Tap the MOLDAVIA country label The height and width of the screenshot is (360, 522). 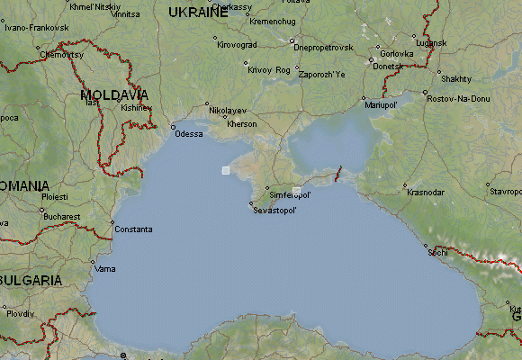(113, 94)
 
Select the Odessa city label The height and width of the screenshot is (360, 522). (189, 134)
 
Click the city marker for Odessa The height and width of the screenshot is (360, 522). (173, 127)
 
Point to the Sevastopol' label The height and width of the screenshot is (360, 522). (275, 210)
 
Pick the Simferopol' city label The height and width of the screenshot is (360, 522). (291, 194)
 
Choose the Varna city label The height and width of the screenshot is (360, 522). (105, 269)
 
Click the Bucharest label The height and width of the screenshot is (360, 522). (60, 217)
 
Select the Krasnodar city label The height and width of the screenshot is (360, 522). (426, 192)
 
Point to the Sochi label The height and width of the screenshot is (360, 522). (438, 253)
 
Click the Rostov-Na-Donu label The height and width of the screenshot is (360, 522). (458, 97)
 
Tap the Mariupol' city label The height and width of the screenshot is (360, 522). (381, 105)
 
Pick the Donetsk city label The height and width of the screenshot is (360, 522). (389, 67)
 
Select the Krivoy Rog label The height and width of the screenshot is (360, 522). (269, 69)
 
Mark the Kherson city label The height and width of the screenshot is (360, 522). (242, 123)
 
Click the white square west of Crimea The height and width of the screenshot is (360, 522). (226, 169)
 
